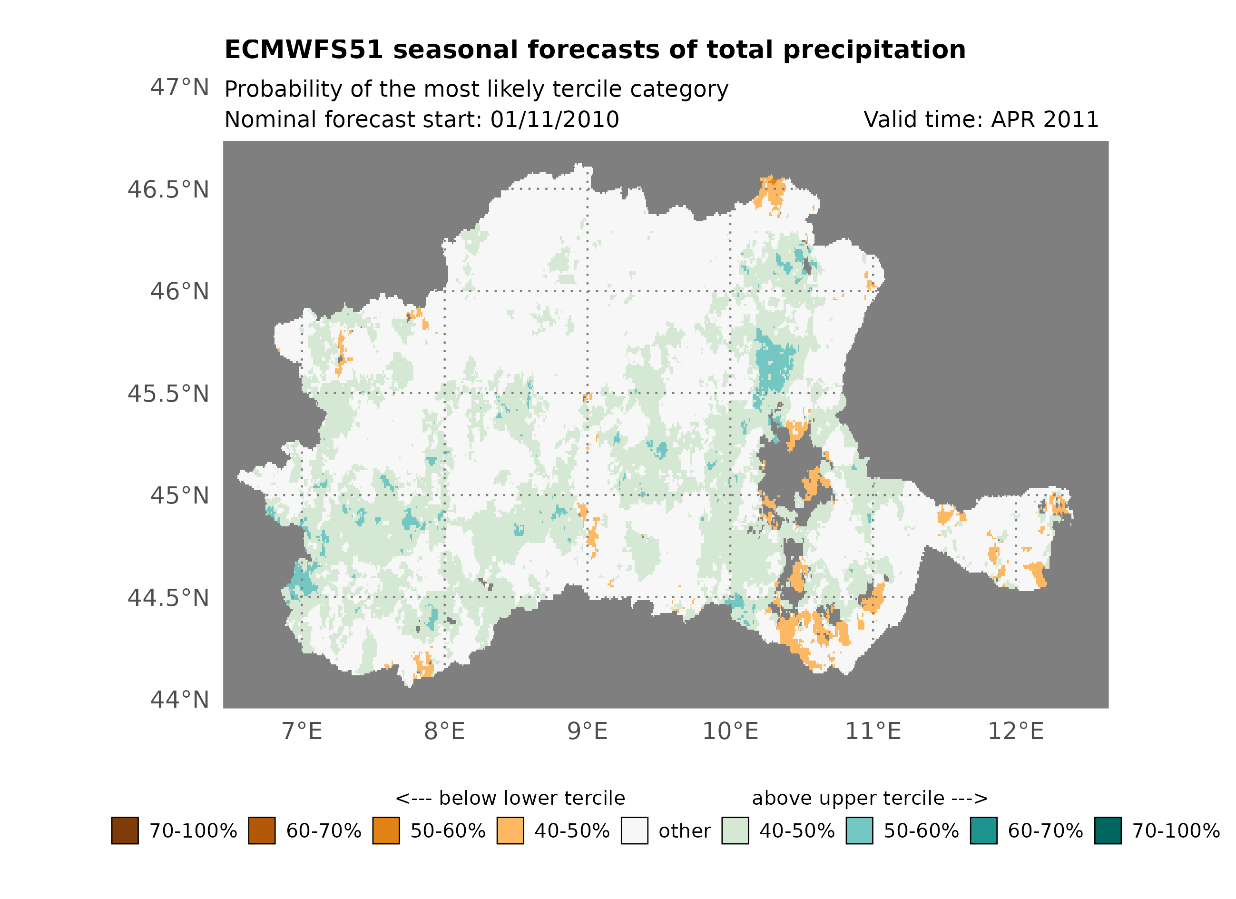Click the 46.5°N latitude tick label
168,190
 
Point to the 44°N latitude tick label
179,700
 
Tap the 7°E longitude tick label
302,731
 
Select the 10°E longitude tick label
730,731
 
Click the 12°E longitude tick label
1015,731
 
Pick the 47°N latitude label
179,87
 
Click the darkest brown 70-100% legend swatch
125,830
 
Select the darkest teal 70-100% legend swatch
1108,830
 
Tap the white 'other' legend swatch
634,830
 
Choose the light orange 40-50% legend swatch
510,830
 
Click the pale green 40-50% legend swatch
735,830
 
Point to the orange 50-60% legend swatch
386,830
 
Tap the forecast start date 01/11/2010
554,119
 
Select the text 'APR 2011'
1044,119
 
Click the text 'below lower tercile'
531,798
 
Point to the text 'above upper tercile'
847,798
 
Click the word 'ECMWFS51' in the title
304,50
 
